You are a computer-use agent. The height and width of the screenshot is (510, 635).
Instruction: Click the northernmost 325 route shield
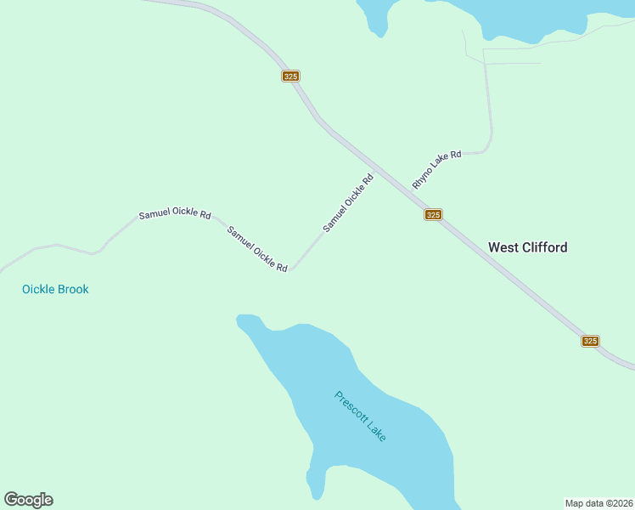290,76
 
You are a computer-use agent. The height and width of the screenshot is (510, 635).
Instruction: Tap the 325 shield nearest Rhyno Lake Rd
433,215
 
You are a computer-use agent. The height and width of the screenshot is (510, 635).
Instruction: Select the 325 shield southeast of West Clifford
591,341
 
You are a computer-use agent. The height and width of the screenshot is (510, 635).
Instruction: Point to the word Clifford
544,247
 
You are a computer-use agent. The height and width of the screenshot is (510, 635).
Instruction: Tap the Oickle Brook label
55,289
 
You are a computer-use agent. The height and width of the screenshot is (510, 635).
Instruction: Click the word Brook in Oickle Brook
72,289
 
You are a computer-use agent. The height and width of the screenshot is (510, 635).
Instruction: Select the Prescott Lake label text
361,416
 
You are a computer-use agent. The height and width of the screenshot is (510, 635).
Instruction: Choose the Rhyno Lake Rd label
436,169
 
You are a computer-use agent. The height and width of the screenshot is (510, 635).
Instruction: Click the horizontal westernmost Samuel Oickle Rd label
175,215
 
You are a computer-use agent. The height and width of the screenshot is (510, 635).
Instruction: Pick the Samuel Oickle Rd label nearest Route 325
348,203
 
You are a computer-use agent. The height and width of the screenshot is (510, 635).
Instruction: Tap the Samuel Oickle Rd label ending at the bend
257,249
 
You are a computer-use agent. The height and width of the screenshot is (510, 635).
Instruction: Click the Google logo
28,500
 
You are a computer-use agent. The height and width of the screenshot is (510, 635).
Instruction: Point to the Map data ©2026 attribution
598,502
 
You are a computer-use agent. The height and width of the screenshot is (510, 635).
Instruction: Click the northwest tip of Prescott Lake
242,319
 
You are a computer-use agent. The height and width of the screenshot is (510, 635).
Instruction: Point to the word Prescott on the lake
351,406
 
